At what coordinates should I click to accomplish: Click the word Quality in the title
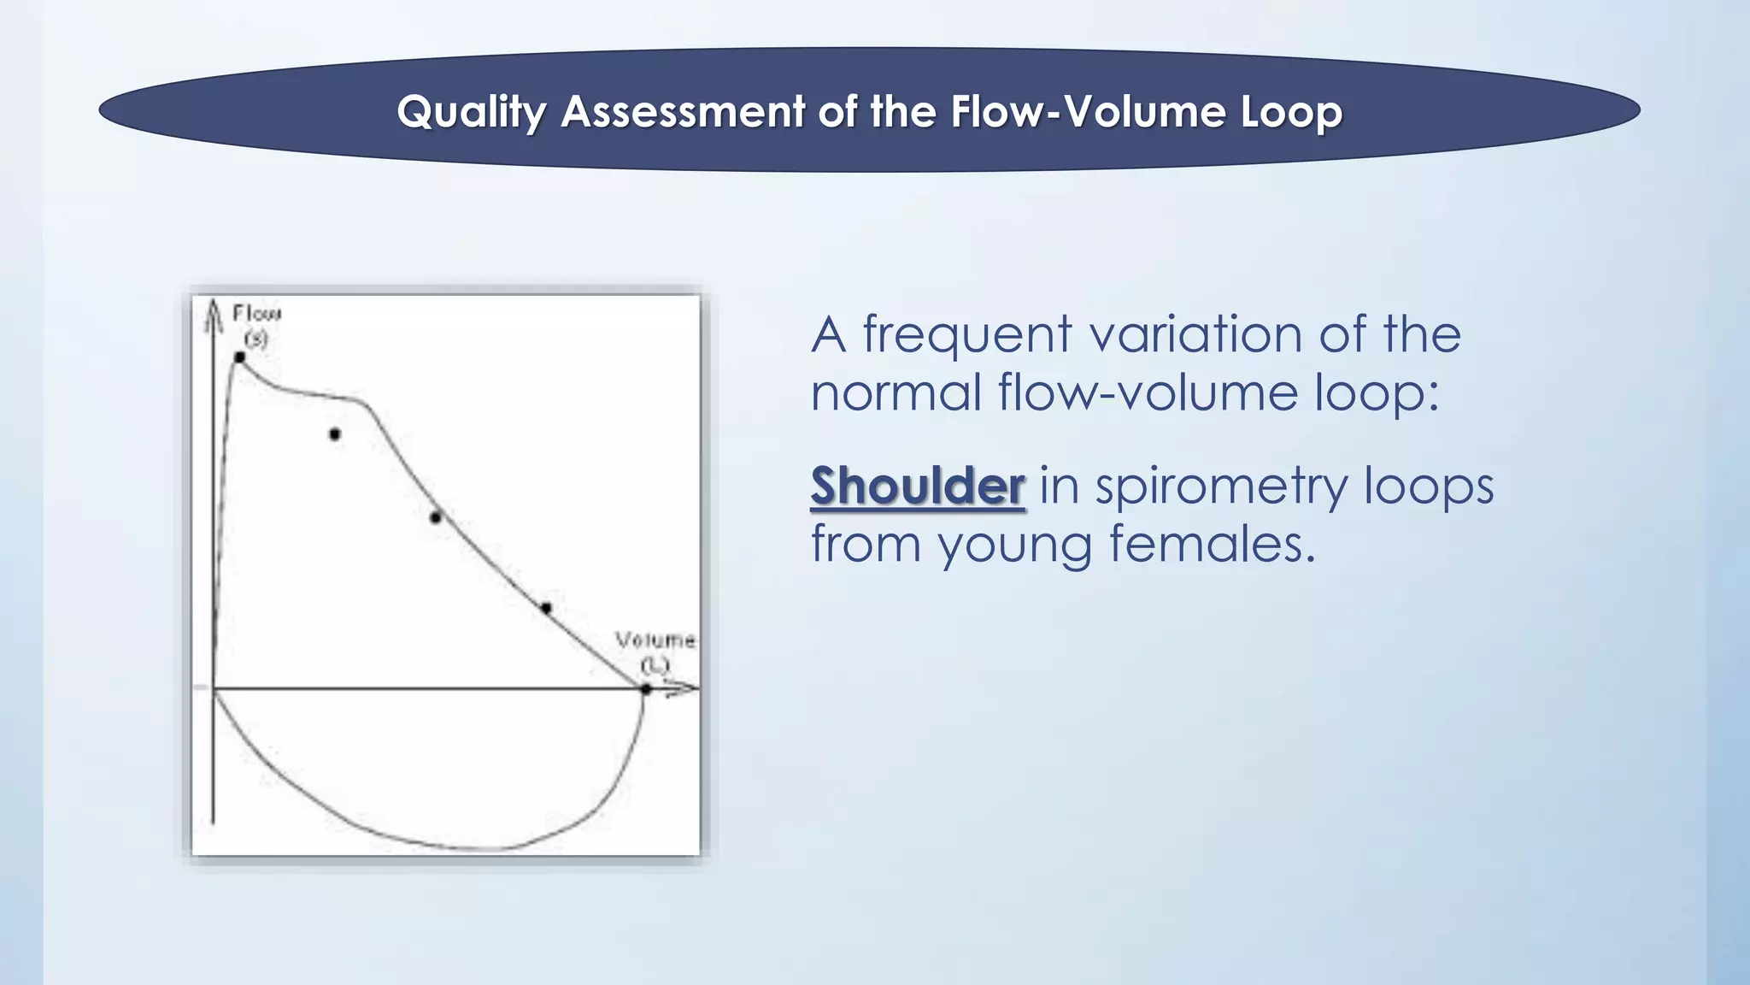(x=471, y=112)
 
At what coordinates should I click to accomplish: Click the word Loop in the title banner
(x=1291, y=112)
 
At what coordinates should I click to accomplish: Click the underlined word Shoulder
(x=917, y=487)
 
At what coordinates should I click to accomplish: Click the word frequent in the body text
(x=966, y=334)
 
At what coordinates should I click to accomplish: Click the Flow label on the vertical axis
(x=256, y=313)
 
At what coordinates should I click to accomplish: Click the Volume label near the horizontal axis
(x=655, y=640)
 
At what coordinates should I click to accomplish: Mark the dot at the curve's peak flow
(x=240, y=357)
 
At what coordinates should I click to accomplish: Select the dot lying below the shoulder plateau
(x=335, y=434)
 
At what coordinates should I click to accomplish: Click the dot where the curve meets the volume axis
(x=646, y=688)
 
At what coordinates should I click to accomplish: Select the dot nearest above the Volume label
(x=546, y=608)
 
